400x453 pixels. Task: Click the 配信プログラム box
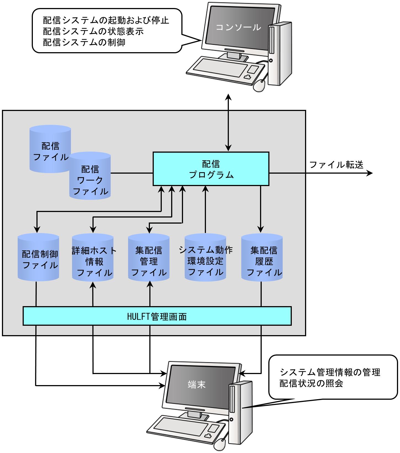coord(211,169)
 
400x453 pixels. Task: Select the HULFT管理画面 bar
coord(157,316)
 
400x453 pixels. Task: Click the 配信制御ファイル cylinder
coord(38,258)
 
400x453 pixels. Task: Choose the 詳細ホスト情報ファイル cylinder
coord(93,258)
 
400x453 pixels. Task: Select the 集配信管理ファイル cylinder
coord(149,258)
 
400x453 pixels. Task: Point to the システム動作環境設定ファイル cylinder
coord(205,258)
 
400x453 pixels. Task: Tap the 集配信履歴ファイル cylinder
coord(262,258)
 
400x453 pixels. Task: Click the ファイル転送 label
coord(336,165)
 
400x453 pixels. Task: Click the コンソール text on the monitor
coord(238,27)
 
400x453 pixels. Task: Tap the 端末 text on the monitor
coord(197,384)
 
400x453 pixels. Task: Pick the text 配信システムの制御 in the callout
coord(84,42)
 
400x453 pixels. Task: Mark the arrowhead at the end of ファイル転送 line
coord(370,173)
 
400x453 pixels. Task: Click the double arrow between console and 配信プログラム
coord(228,122)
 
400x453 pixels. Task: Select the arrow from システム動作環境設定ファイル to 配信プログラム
coord(205,210)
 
